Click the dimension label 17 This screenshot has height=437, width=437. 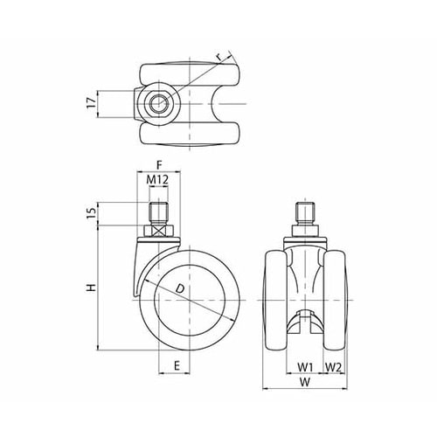pyautogui.click(x=92, y=103)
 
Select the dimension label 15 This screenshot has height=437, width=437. pyautogui.click(x=92, y=213)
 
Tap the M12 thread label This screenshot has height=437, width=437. pyautogui.click(x=157, y=180)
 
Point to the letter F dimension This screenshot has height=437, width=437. pyautogui.click(x=159, y=165)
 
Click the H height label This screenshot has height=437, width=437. pyautogui.click(x=92, y=288)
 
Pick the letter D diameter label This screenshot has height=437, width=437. pyautogui.click(x=180, y=288)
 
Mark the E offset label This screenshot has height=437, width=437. pyautogui.click(x=177, y=365)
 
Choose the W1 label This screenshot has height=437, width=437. pyautogui.click(x=305, y=367)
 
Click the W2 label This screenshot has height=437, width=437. pyautogui.click(x=333, y=367)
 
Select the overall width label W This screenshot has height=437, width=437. pyautogui.click(x=305, y=382)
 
